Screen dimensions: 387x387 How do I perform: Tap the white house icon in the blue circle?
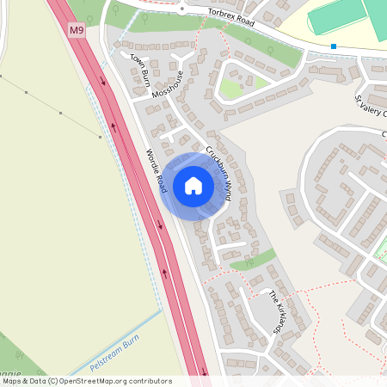[193, 186]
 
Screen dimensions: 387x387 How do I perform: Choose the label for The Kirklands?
[278, 312]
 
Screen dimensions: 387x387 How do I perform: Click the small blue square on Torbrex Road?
[333, 46]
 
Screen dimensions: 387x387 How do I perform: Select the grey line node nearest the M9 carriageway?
[101, 137]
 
